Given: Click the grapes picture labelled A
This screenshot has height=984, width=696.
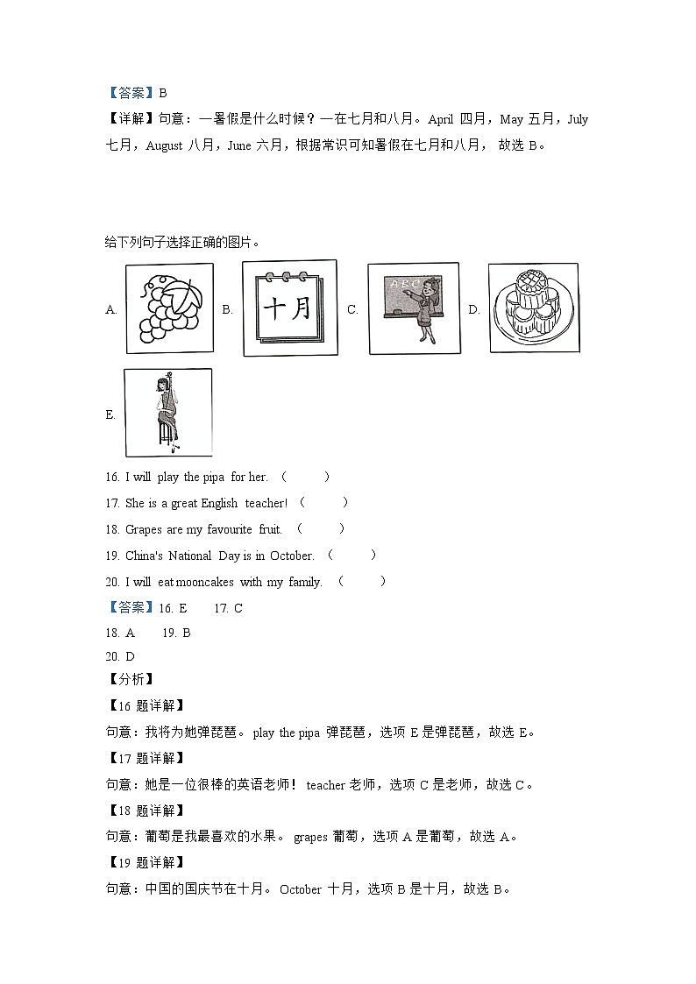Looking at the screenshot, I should (x=168, y=309).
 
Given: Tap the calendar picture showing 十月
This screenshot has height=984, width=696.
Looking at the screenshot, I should (x=288, y=308).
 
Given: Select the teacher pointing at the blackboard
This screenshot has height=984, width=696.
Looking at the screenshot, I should (x=405, y=308).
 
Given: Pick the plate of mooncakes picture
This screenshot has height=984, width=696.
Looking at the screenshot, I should (x=533, y=308).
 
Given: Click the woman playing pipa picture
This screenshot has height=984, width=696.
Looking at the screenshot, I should (x=167, y=412).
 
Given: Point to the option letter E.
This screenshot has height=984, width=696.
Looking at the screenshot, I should (x=110, y=415).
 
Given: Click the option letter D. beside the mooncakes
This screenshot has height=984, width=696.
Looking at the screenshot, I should (x=474, y=309).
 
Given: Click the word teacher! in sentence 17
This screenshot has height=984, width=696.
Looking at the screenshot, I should (x=266, y=503).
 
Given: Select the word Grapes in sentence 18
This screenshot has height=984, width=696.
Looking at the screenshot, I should (x=143, y=529).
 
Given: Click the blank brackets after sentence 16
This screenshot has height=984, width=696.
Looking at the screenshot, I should (x=305, y=477).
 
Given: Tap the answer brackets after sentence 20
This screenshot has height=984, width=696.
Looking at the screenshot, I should (x=361, y=582).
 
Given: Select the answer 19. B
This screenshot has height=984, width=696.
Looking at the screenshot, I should (x=176, y=632).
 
